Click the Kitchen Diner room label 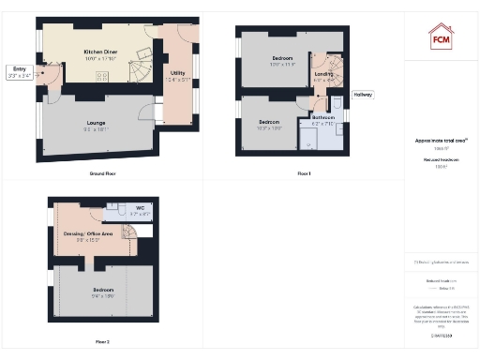click(98, 54)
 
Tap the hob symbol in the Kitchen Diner click(101, 76)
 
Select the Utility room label click(177, 76)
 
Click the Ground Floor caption click(102, 174)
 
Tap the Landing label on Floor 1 click(323, 76)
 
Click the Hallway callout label click(363, 95)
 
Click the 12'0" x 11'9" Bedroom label click(282, 62)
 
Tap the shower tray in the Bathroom click(308, 140)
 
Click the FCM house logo click(441, 37)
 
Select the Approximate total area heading click(441, 141)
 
